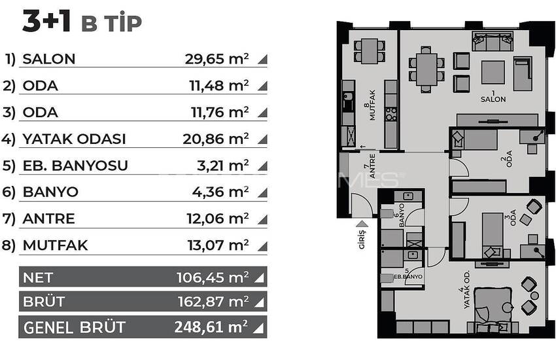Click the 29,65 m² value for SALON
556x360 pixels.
click(x=217, y=59)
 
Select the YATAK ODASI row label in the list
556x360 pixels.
click(x=74, y=139)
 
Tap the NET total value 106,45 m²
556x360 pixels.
click(x=212, y=278)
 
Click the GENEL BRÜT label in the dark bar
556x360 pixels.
click(x=74, y=327)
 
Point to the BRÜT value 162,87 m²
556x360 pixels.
click(x=212, y=302)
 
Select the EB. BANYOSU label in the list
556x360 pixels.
click(x=75, y=166)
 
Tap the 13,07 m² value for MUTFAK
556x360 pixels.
click(x=217, y=245)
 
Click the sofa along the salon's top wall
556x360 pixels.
click(x=492, y=41)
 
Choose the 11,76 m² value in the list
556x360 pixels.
click(x=217, y=112)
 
